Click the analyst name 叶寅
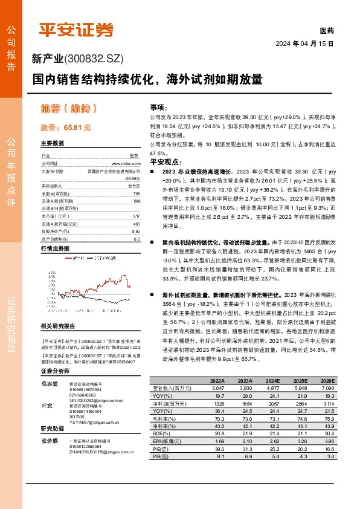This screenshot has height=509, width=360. tap(45, 406)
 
